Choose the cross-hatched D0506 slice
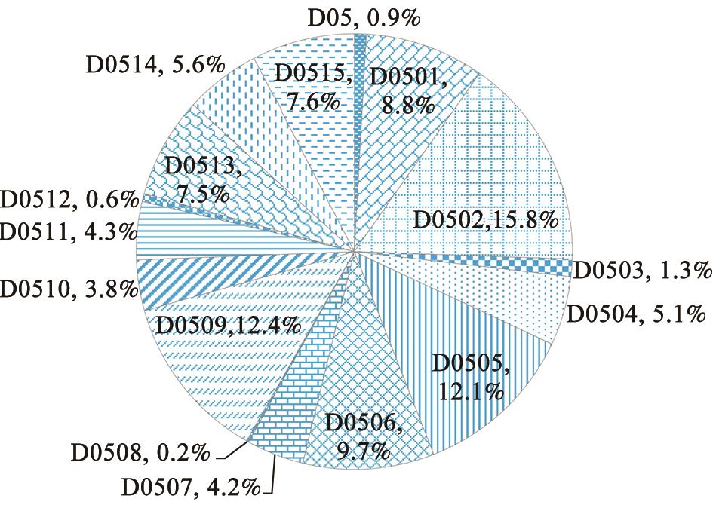[355, 399]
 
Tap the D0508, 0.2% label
[140, 454]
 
